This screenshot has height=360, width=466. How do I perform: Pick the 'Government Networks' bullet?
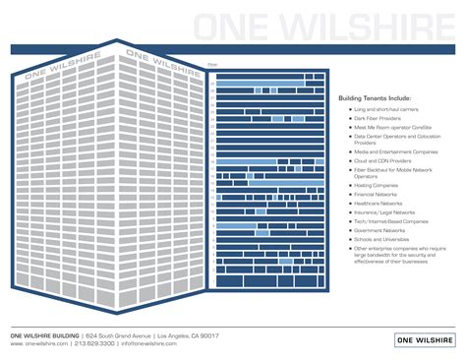click(x=377, y=230)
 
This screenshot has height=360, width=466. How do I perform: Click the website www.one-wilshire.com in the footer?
click(x=40, y=344)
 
